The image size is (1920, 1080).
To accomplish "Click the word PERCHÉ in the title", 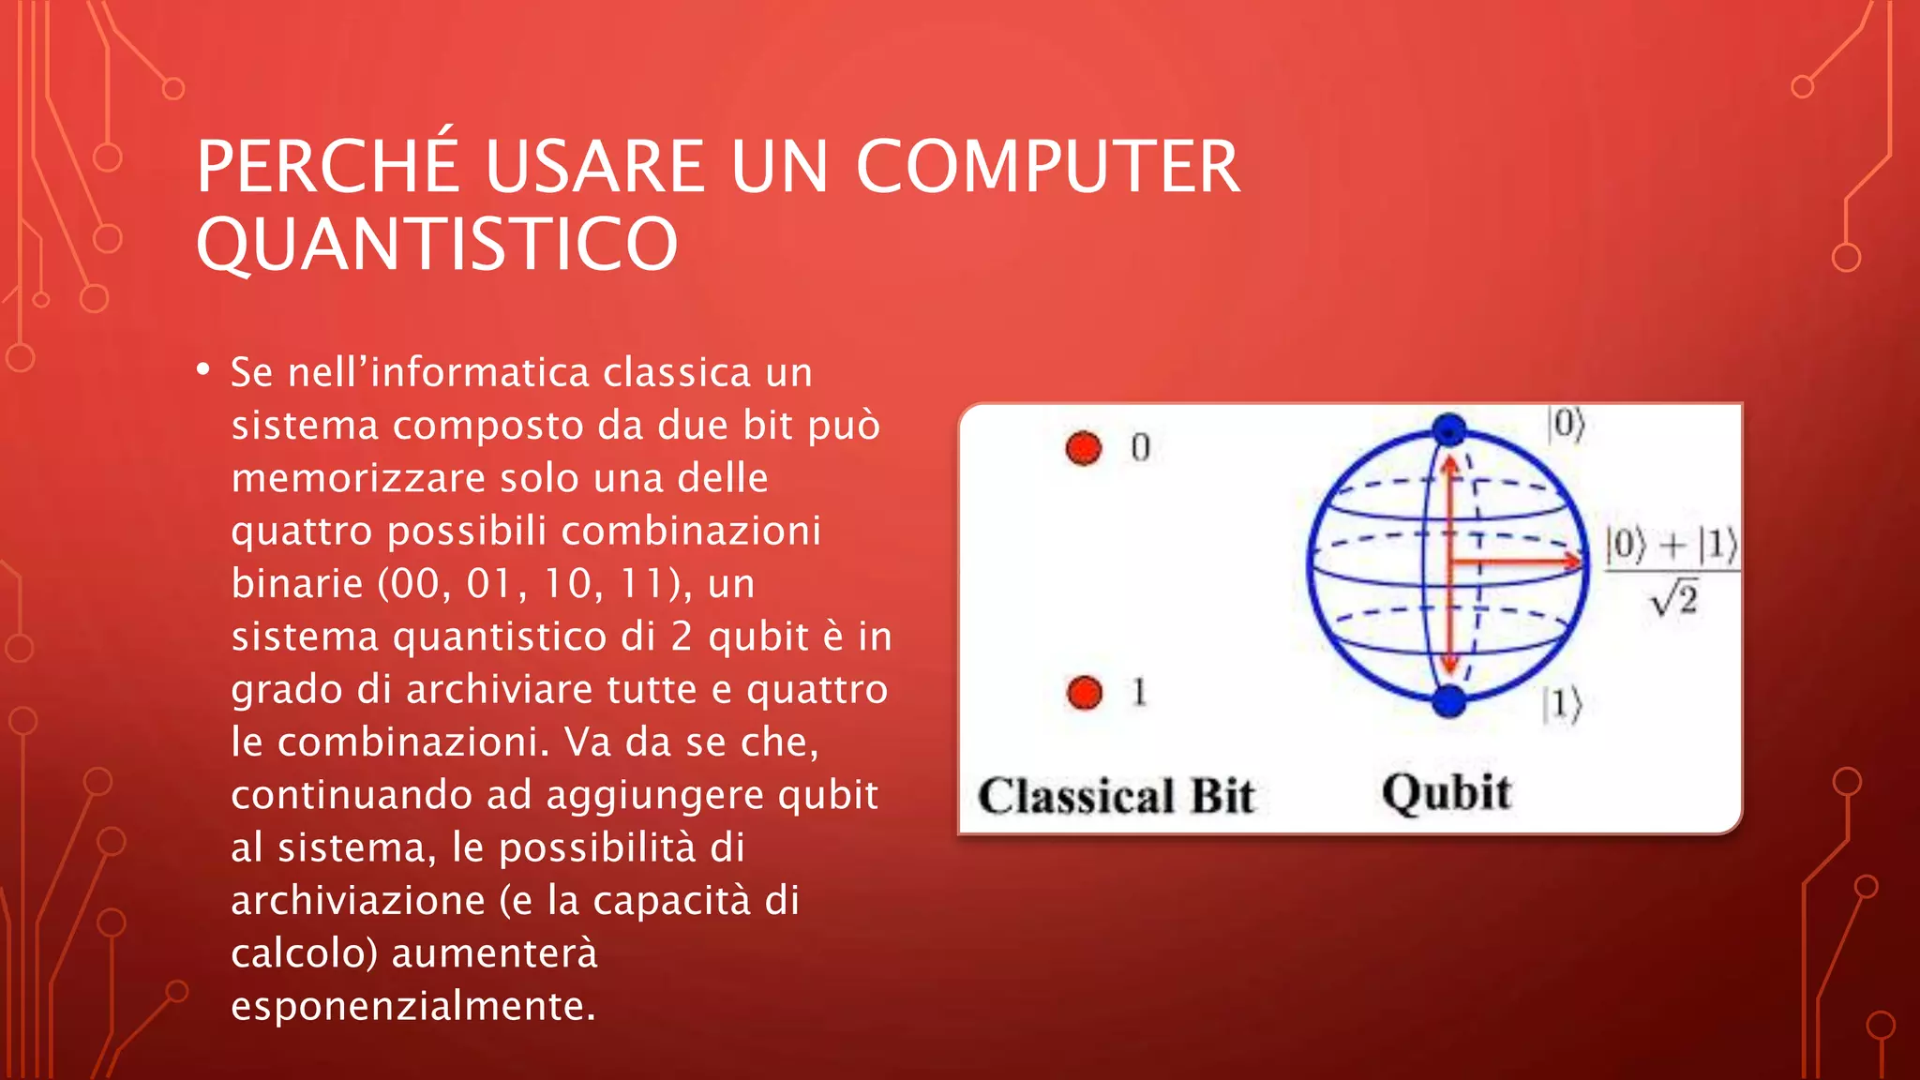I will pos(327,167).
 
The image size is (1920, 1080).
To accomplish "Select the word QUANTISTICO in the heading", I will pos(436,245).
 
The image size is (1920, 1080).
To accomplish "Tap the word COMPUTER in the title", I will pos(1047,167).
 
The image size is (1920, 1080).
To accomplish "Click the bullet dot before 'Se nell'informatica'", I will pos(203,370).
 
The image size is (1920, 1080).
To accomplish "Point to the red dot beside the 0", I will pos(1084,448).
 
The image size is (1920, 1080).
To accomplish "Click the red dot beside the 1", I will pos(1085,694).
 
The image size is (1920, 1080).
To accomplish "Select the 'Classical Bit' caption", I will pos(1116,796).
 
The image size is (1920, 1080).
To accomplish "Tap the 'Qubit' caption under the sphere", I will pos(1447,793).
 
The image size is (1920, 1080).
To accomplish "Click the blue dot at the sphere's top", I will pos(1449,429).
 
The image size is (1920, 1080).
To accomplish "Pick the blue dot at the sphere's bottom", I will pos(1449,700).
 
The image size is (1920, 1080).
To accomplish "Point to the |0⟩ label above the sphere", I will pos(1567,424).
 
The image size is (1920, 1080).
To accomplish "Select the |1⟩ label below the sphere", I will pos(1562,704).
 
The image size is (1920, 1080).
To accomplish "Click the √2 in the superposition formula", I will pos(1674,599).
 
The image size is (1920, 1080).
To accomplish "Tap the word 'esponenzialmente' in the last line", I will pos(412,1007).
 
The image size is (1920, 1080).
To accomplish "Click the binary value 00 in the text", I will pos(413,584).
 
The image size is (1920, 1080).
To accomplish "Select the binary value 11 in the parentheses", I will pos(643,584).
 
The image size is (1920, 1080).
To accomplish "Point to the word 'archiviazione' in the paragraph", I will pos(357,901).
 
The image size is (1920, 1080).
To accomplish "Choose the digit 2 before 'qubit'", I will pos(682,637).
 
